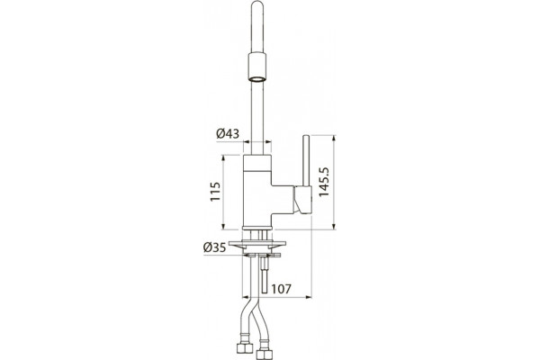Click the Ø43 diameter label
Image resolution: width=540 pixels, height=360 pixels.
[228, 133]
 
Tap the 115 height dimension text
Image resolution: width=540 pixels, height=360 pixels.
[216, 192]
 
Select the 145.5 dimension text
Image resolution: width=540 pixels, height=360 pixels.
[324, 182]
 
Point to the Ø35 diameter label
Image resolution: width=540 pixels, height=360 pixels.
[214, 247]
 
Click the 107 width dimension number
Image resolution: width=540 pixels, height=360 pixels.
[282, 288]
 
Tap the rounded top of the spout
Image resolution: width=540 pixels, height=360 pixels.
[258, 4]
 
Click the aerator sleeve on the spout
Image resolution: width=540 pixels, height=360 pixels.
[257, 67]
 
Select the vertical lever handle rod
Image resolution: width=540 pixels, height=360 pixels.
[306, 161]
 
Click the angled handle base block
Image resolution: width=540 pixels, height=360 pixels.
[302, 200]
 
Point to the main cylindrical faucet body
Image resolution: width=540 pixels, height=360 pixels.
[257, 191]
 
